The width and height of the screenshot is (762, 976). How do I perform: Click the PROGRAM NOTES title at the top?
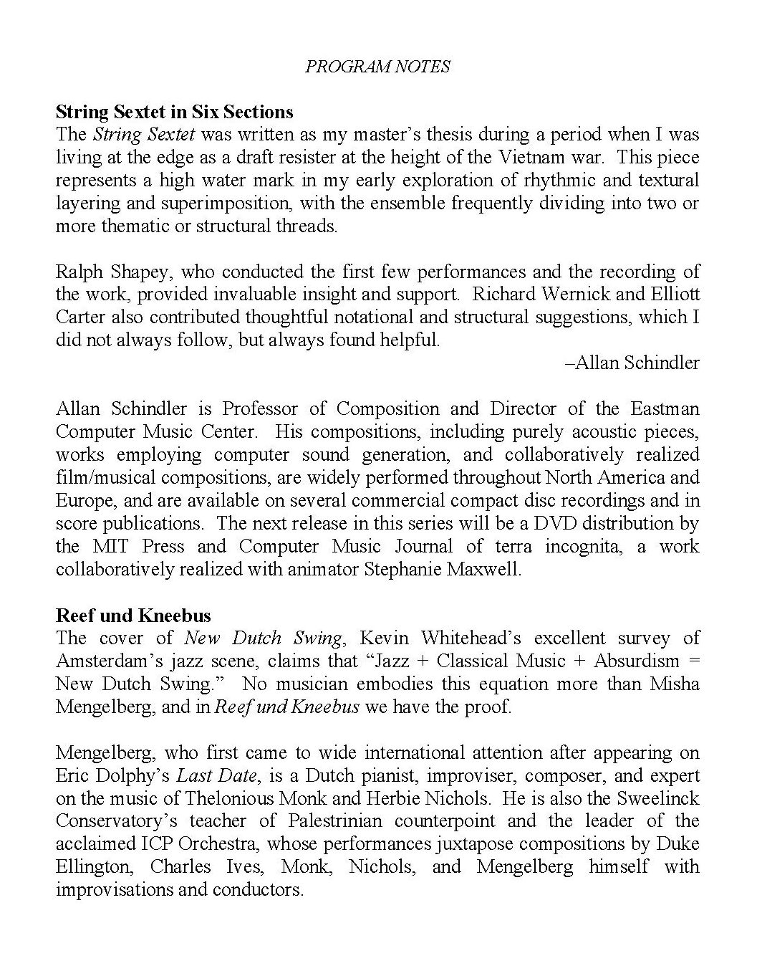tap(377, 67)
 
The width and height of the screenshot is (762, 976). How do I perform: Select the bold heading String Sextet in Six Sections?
tap(174, 112)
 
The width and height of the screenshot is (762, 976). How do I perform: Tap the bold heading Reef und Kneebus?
tap(133, 616)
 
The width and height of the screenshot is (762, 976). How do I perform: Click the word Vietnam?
tap(548, 157)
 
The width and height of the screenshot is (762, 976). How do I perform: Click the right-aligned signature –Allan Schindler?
tap(632, 363)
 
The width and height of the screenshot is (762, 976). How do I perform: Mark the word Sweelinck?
tap(656, 798)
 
